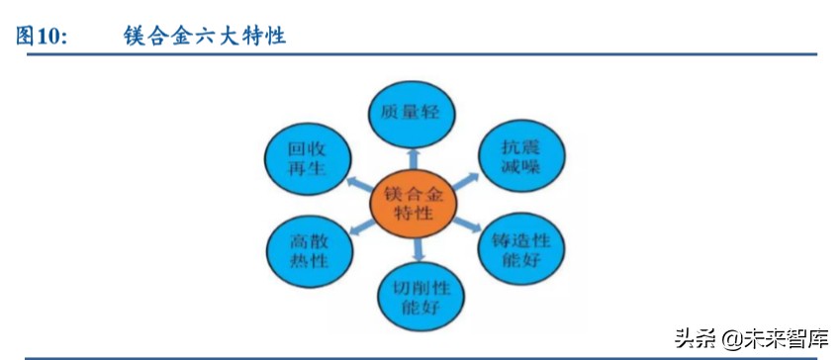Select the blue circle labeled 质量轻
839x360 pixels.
[x=410, y=112]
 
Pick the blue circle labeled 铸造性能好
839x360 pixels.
[x=520, y=250]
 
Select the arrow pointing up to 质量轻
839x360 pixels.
[x=413, y=158]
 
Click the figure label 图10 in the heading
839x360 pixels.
[x=41, y=37]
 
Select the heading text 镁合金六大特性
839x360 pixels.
[x=205, y=37]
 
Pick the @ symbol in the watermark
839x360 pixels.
[x=730, y=339]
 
